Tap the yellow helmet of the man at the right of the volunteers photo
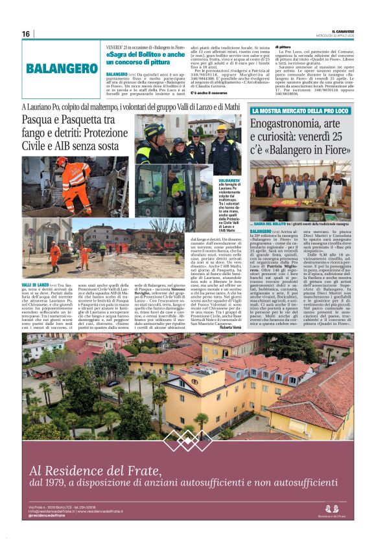click(221, 128)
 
